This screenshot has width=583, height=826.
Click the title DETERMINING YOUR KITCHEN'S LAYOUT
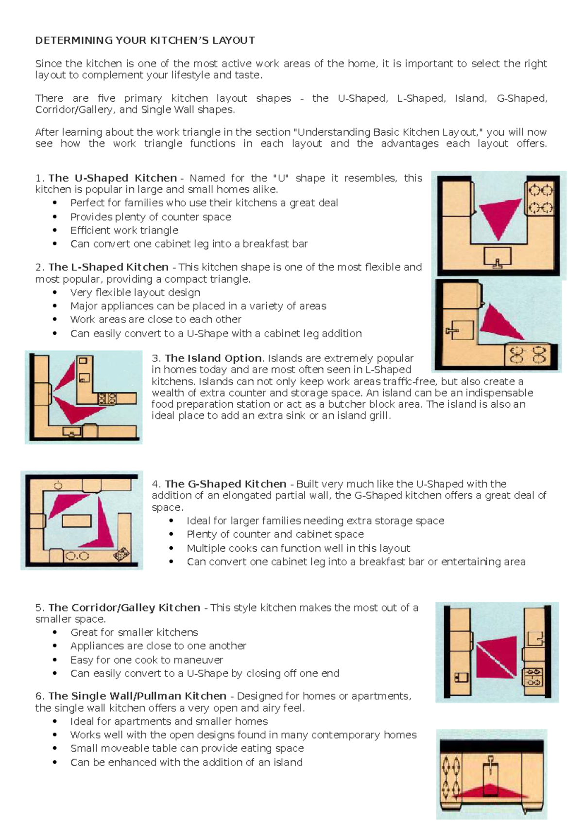pos(145,40)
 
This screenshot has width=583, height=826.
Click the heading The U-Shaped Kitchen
pos(112,178)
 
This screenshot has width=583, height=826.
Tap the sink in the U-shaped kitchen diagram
pos(497,256)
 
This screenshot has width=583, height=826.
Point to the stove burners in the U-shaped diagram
pos(540,198)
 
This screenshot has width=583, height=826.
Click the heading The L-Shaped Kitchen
pos(108,267)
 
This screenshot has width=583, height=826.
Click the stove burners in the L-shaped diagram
pos(528,355)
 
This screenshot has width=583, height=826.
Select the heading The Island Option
pos(213,358)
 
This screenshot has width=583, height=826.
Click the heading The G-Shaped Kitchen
pos(225,484)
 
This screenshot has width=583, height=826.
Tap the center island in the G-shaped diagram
pos(77,521)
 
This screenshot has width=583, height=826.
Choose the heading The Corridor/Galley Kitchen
pos(124,608)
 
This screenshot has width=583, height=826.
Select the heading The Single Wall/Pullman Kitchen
pos(137,696)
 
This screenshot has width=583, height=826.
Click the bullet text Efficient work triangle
pos(124,231)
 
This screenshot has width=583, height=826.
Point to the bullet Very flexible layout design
pos(135,293)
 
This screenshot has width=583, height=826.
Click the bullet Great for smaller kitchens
pos(134,632)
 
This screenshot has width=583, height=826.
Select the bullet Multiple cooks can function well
pos(298,548)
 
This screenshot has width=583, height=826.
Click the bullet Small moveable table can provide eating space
pos(187,748)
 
